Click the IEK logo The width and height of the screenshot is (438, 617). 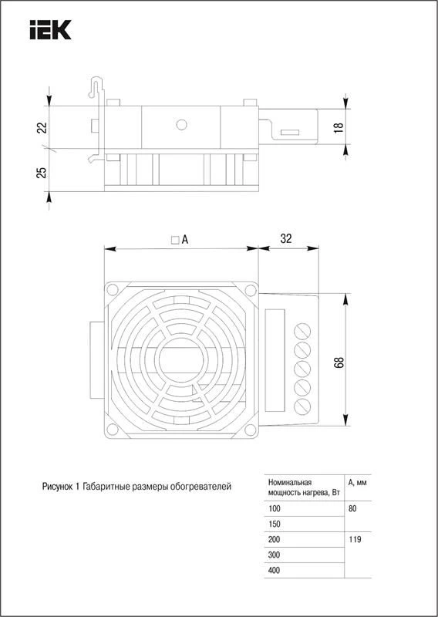(x=50, y=30)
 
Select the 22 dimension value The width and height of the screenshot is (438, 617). (x=42, y=127)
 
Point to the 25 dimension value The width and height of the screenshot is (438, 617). (x=42, y=172)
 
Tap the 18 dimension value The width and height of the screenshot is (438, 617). (x=339, y=126)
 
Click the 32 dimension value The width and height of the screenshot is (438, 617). (x=286, y=239)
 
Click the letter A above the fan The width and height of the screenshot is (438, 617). (x=185, y=239)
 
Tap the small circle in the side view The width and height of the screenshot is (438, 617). (x=181, y=125)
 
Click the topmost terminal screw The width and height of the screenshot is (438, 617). (x=302, y=331)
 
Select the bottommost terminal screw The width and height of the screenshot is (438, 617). (x=302, y=406)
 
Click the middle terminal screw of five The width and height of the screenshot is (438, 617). (x=302, y=369)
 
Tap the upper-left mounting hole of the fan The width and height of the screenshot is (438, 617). (x=112, y=290)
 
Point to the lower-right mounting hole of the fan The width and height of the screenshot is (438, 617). (x=250, y=430)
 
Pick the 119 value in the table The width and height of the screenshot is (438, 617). (x=355, y=539)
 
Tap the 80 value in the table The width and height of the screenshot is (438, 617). (x=352, y=509)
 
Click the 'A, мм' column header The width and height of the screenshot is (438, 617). (x=357, y=484)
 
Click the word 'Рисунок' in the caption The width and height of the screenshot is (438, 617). (x=56, y=487)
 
